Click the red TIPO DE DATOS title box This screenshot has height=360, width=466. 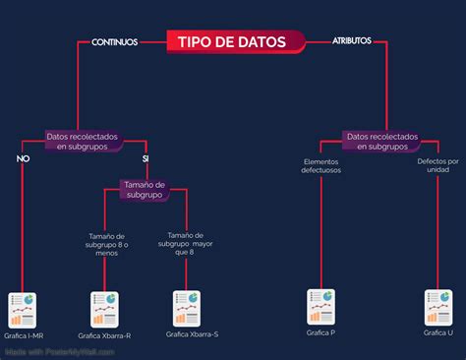[232, 41]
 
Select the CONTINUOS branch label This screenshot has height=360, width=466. [114, 42]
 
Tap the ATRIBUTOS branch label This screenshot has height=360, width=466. [352, 41]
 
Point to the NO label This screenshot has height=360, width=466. [23, 158]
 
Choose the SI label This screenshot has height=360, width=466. [146, 158]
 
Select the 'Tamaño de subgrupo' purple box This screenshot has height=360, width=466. [145, 189]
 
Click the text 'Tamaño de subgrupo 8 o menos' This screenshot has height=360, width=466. [105, 244]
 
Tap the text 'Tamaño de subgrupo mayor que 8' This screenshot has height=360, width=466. [186, 243]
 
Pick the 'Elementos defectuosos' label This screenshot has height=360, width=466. [320, 165]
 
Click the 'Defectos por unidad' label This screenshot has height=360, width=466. [437, 165]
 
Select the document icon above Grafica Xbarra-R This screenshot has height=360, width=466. [105, 308]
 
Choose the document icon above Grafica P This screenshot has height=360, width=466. [320, 306]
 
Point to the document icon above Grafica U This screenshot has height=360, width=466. [437, 306]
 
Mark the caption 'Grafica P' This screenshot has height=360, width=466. [320, 333]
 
